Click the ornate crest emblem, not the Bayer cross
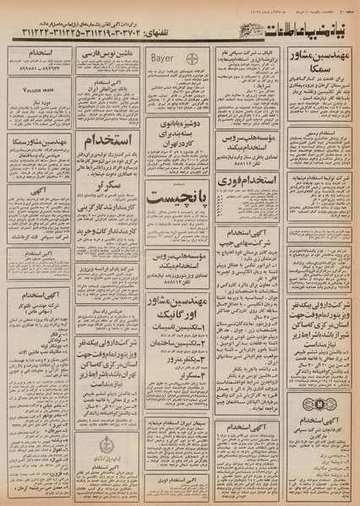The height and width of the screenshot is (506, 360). point(115,447)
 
